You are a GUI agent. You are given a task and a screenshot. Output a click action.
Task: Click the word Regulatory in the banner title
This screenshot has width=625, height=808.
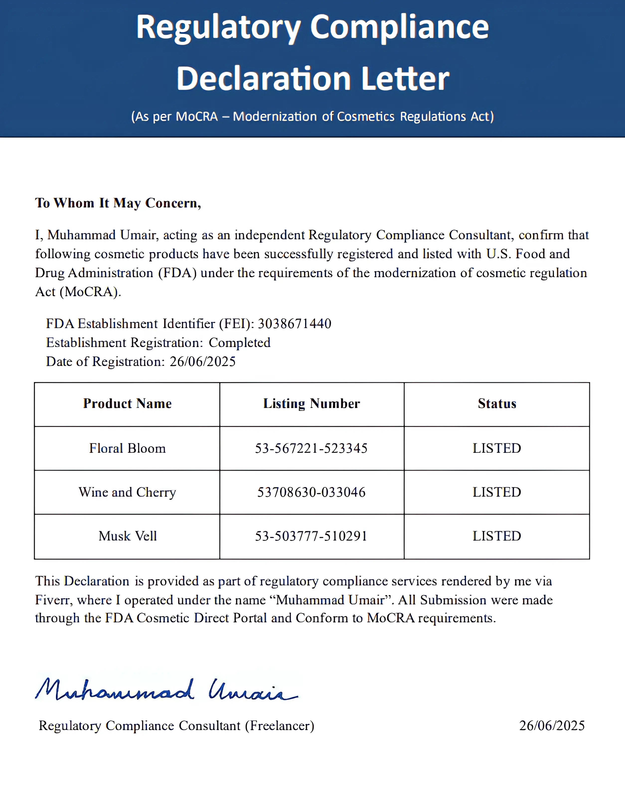tap(219, 28)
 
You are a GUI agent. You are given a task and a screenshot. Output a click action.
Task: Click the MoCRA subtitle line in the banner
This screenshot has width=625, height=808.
tap(312, 116)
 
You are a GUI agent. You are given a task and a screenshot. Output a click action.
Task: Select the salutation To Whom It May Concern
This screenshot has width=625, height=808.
tap(118, 203)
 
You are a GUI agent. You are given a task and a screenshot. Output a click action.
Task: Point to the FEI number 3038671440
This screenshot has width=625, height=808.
tap(294, 324)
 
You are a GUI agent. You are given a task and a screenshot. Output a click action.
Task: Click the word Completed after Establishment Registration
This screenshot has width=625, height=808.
tap(239, 343)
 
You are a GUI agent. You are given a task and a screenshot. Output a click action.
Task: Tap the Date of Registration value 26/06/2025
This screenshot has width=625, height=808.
tap(203, 361)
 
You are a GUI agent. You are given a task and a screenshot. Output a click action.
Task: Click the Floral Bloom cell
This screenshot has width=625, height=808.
tap(127, 448)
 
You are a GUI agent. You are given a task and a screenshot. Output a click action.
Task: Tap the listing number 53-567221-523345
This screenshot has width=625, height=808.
tap(311, 448)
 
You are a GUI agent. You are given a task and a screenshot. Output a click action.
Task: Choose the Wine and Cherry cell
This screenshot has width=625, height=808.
tap(127, 493)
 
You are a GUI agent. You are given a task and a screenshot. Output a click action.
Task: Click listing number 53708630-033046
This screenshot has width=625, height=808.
tap(311, 493)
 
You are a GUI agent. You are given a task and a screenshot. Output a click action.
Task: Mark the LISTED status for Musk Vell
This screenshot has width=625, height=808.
tap(497, 536)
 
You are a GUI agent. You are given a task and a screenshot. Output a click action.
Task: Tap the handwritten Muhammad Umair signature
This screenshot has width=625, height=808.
tap(166, 690)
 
